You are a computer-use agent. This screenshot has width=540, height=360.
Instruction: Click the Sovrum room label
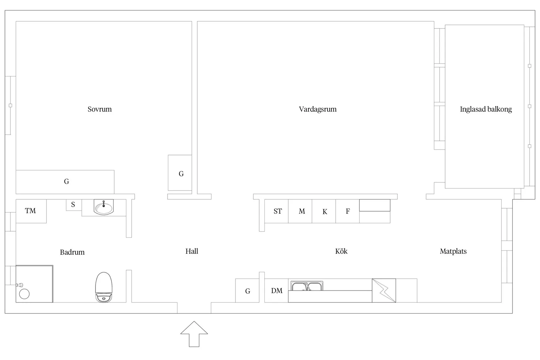[99, 109]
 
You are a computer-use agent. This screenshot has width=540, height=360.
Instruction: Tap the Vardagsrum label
[318, 109]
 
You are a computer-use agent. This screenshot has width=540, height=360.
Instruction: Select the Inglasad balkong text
[486, 109]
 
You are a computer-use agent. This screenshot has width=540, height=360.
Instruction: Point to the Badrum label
[72, 252]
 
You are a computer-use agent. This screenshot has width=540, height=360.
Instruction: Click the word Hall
[192, 251]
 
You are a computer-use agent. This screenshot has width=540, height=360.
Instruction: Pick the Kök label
[341, 251]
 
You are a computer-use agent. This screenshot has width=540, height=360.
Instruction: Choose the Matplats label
[453, 251]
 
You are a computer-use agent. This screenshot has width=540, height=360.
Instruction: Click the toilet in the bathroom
[104, 287]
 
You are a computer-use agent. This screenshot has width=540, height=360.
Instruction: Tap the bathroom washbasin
[104, 207]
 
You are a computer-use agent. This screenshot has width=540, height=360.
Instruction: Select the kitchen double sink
[307, 286]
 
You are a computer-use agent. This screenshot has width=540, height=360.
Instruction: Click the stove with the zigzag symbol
[384, 290]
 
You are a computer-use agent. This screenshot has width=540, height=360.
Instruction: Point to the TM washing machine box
[31, 211]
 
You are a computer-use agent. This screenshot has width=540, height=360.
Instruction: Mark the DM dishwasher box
[277, 291]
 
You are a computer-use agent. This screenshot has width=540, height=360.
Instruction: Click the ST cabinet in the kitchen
[277, 211]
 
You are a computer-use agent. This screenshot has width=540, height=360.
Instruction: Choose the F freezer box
[348, 211]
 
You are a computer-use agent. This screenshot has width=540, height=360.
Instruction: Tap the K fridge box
[324, 211]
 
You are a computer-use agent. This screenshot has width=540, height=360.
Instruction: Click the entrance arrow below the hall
[194, 334]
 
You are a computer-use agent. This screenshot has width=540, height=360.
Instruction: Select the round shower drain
[24, 294]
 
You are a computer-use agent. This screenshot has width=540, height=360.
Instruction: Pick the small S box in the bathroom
[74, 205]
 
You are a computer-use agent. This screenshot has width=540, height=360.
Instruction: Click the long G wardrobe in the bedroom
[65, 182]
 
